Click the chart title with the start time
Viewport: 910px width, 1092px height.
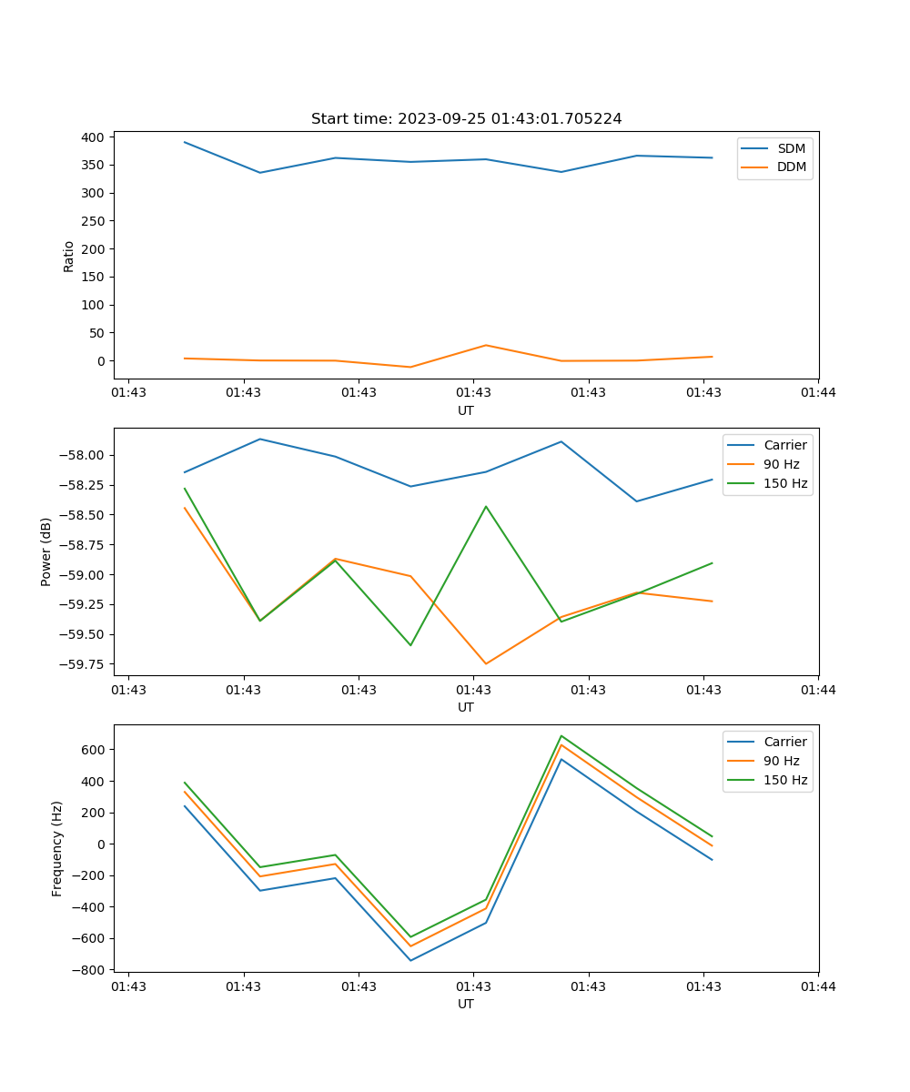[466, 119]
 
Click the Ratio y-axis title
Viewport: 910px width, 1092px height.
[69, 256]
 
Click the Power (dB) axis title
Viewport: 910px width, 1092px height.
[46, 551]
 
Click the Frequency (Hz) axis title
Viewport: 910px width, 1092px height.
[57, 848]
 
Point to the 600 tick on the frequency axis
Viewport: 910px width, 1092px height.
[94, 750]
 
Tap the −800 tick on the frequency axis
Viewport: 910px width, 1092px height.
[90, 970]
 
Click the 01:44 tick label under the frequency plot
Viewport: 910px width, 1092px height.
[818, 986]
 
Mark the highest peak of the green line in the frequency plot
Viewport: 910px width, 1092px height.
[561, 735]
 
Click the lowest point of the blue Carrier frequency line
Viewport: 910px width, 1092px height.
[410, 960]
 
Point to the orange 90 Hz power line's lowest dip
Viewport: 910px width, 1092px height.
[486, 663]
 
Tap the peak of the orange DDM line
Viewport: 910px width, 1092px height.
[486, 345]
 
